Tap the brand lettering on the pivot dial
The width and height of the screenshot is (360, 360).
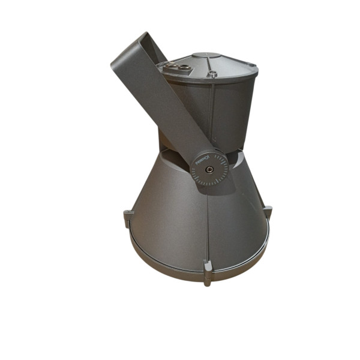(x=202, y=160)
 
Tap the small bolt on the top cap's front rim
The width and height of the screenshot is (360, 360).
(x=212, y=74)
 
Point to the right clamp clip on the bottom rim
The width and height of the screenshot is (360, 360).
(x=268, y=212)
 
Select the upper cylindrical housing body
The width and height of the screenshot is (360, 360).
(x=234, y=108)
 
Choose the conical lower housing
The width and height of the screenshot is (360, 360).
(x=174, y=222)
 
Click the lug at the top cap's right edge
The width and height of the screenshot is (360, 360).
(x=253, y=65)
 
